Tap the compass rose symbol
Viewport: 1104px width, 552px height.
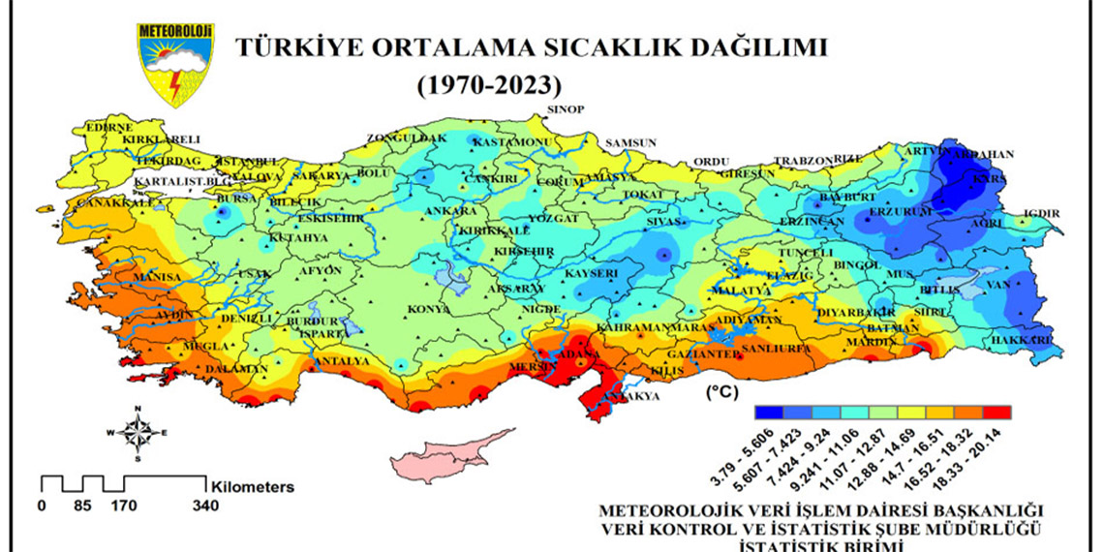pyautogui.click(x=138, y=433)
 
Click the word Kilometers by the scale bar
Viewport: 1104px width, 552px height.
pyautogui.click(x=251, y=487)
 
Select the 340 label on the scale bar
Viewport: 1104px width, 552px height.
pyautogui.click(x=205, y=506)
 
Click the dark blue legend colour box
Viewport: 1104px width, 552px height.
pyautogui.click(x=768, y=412)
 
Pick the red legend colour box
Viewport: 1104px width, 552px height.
pyautogui.click(x=997, y=412)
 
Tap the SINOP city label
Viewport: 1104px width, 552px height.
pyautogui.click(x=567, y=109)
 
